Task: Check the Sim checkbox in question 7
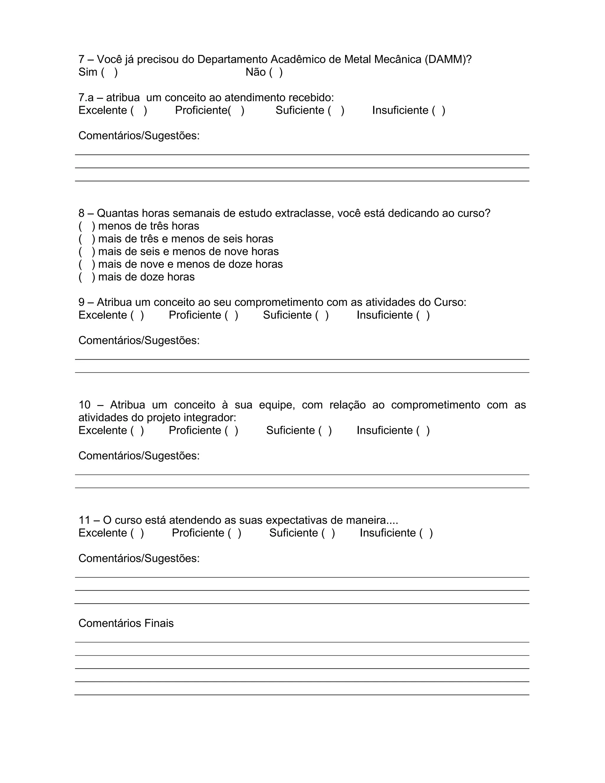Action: coord(109,72)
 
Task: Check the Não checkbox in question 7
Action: coord(276,72)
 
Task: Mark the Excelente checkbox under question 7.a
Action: coord(139,111)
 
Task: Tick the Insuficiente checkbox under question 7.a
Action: coord(439,111)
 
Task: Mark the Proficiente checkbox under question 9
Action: coord(232,315)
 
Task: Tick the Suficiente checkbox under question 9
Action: coord(322,315)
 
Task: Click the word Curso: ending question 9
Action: coord(450,302)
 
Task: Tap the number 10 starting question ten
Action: coord(84,405)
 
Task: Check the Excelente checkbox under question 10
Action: coord(137,430)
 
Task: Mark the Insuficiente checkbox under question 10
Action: coord(423,430)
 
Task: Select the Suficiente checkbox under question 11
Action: coord(328,533)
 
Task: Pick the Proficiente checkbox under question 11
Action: coord(235,533)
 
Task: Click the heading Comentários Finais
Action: coord(126,623)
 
